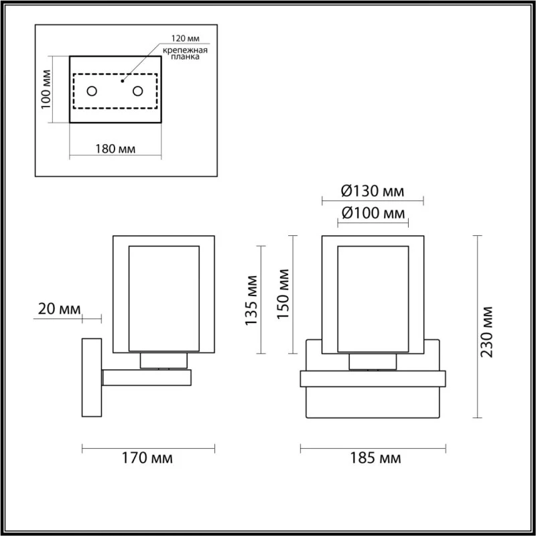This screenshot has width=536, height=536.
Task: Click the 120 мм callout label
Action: pos(186,39)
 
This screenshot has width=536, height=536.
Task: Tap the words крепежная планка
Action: pos(185,54)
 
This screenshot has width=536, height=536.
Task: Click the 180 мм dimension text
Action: pos(115,149)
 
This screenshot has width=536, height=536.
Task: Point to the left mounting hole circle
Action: pos(92,91)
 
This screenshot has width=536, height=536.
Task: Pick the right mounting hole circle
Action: pos(138,91)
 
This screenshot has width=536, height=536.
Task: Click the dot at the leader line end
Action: pos(123,81)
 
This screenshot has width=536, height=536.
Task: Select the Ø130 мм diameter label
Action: pos(373,191)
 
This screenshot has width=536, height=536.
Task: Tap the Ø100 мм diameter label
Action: pos(373,213)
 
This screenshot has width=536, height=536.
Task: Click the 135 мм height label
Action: pos(252,300)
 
